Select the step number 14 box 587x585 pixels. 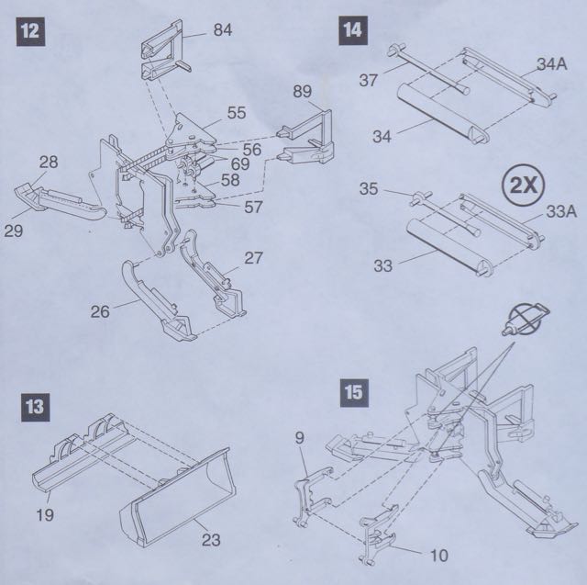(351, 29)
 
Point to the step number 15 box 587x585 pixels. (351, 390)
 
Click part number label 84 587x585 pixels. (224, 30)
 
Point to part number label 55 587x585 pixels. (237, 113)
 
